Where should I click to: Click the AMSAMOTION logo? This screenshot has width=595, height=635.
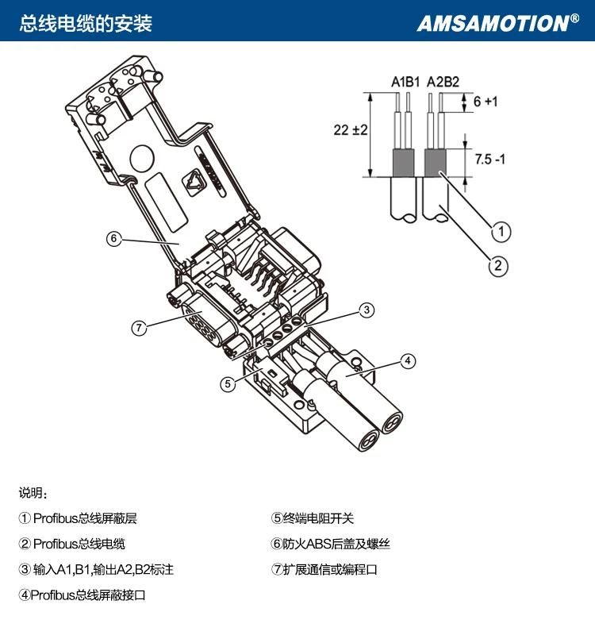(498, 23)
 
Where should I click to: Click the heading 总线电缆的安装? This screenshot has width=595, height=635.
(86, 24)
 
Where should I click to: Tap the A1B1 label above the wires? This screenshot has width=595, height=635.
(405, 82)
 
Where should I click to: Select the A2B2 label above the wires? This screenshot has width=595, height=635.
(443, 82)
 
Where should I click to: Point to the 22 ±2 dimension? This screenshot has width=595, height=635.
(351, 130)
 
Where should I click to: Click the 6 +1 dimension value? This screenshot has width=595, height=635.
(486, 102)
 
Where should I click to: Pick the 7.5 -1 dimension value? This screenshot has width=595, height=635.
(489, 160)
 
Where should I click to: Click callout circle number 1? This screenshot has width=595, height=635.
(501, 232)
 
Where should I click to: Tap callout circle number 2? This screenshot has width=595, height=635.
(498, 266)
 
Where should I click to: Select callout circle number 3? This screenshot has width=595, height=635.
(367, 310)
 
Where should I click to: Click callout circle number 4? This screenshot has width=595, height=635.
(408, 361)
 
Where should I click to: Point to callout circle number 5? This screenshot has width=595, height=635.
(228, 383)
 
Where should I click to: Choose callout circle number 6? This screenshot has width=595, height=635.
(113, 238)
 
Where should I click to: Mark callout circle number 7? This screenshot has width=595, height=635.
(140, 327)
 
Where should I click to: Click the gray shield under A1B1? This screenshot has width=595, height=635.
(404, 163)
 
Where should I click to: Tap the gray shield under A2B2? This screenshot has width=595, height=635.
(435, 163)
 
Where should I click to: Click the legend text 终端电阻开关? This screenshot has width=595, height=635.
(318, 518)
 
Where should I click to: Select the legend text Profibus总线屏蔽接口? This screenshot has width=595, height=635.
(88, 595)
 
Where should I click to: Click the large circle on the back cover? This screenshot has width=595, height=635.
(142, 160)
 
